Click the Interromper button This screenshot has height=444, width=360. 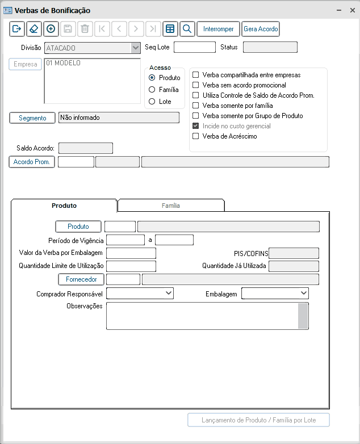click(x=218, y=29)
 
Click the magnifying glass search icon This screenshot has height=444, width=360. click(x=187, y=29)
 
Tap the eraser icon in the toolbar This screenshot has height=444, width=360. click(x=34, y=29)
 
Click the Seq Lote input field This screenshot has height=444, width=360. click(x=194, y=47)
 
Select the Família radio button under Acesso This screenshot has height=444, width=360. click(x=152, y=90)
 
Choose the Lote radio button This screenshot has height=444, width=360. click(x=152, y=102)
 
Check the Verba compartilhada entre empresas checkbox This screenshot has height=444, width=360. click(x=196, y=75)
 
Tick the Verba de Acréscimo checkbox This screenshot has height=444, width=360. click(x=196, y=136)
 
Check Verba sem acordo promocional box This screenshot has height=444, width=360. click(x=196, y=85)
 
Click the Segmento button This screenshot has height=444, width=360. click(x=32, y=118)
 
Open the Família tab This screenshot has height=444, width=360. click(x=171, y=206)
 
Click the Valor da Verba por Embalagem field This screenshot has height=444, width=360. click(x=131, y=253)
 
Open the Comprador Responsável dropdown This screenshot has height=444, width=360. click(x=140, y=293)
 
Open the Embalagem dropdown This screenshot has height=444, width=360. click(x=275, y=293)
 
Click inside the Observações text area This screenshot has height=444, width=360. click(x=202, y=316)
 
